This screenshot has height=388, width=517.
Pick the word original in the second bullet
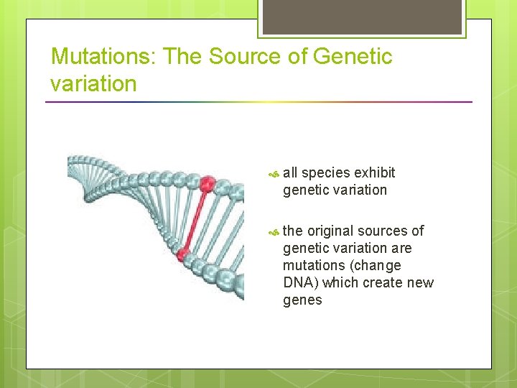tap(329, 231)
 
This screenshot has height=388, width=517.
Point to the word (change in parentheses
tap(376, 265)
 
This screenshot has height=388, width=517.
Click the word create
tap(383, 282)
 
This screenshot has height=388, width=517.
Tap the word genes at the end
tap(302, 300)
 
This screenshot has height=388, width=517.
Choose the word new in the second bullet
tap(420, 282)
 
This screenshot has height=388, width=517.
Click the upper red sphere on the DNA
tap(207, 185)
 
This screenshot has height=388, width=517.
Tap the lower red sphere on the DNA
tap(183, 253)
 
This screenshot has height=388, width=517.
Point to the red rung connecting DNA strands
tap(195, 218)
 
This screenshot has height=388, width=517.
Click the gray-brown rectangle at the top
tap(362, 16)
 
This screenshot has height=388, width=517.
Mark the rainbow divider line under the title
tap(258, 102)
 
